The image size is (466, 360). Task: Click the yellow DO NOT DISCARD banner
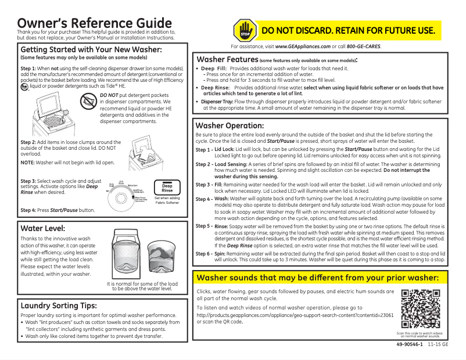point(348,30)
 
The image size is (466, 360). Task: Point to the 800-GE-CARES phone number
point(363,46)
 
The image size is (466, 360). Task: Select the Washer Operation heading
point(230,125)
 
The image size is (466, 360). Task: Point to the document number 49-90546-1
point(409,345)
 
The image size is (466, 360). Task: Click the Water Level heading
point(42,228)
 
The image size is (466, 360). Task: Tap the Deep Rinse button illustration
point(167,188)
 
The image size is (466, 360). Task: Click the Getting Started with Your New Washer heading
point(91,50)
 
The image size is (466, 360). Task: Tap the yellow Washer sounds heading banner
point(318,278)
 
